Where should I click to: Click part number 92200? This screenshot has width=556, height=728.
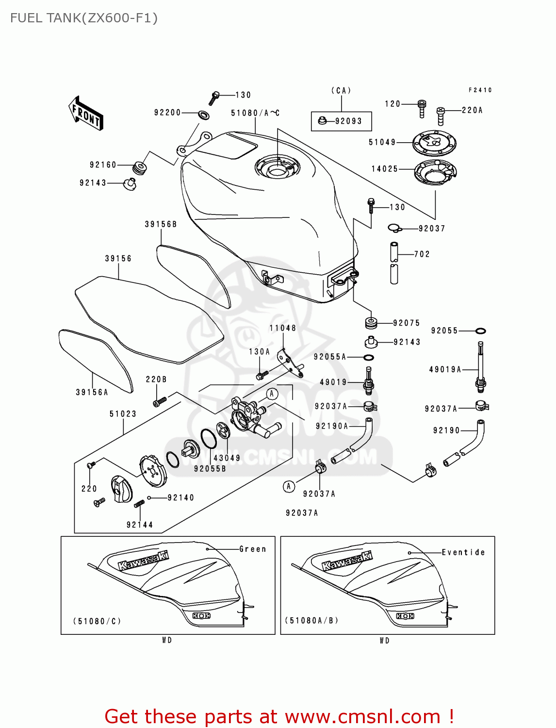tap(167, 113)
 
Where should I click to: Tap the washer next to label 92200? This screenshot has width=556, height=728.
tap(204, 116)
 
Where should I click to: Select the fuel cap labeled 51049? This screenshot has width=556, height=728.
tap(434, 143)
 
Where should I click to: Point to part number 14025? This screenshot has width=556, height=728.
tap(384, 169)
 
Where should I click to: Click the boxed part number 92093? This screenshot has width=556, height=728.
tap(348, 121)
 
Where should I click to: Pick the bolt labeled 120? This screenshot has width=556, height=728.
tap(422, 108)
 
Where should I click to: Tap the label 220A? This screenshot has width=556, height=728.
tap(472, 111)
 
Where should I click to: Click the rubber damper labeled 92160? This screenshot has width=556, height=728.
tap(140, 167)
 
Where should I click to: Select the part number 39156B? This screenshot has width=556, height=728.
tap(161, 224)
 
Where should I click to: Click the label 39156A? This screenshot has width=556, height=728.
tap(92, 392)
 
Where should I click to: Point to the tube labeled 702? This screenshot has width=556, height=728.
tap(394, 262)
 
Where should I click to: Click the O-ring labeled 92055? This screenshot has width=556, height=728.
tap(480, 331)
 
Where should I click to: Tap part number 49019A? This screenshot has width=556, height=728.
tap(445, 370)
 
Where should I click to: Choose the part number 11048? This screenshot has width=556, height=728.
tap(282, 328)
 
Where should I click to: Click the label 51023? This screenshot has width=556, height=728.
tap(123, 414)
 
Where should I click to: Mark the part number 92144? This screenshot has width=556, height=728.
tap(139, 525)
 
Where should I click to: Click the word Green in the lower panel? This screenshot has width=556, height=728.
tap(253, 549)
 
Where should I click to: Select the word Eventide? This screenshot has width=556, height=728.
tap(463, 552)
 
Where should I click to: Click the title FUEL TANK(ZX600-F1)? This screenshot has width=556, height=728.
tap(84, 18)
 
